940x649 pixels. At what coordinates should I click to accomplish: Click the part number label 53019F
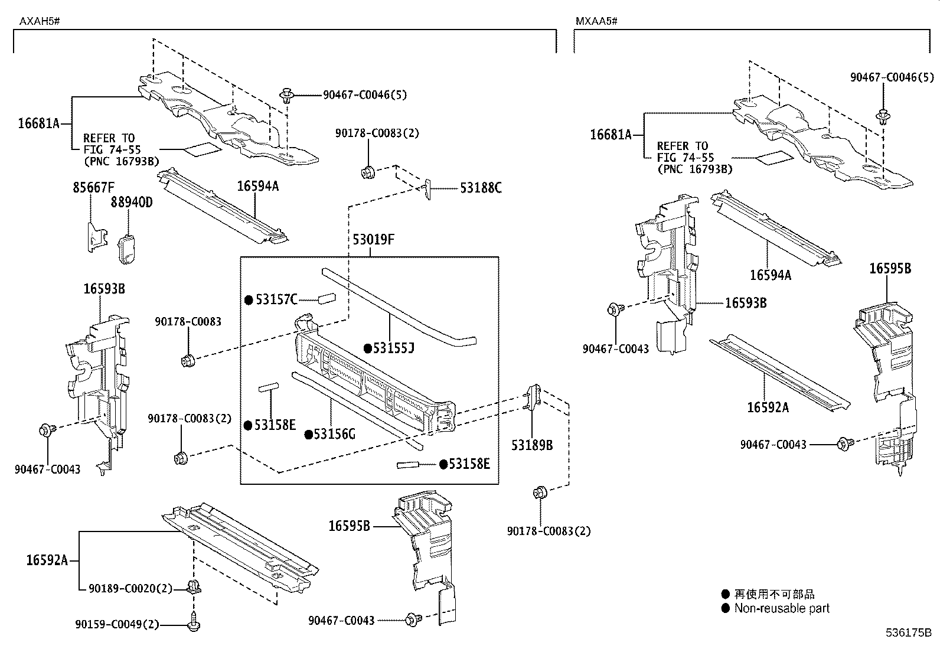pyautogui.click(x=373, y=240)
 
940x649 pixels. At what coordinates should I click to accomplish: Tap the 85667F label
pyautogui.click(x=94, y=188)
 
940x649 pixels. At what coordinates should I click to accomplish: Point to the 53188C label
pyautogui.click(x=481, y=188)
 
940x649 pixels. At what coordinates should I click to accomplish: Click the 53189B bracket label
pyautogui.click(x=532, y=446)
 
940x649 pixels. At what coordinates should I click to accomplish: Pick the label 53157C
pyautogui.click(x=276, y=300)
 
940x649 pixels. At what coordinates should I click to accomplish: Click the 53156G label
pyautogui.click(x=334, y=435)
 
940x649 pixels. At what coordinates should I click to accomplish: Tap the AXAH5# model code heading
pyautogui.click(x=40, y=21)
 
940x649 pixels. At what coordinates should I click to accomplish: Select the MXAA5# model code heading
pyautogui.click(x=596, y=21)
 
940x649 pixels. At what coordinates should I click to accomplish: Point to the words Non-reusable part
pyautogui.click(x=782, y=608)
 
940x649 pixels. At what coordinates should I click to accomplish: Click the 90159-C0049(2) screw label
pyautogui.click(x=117, y=624)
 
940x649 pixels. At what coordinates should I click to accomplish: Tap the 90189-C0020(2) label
pyautogui.click(x=130, y=589)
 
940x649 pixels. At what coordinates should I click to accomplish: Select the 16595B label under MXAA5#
pyautogui.click(x=890, y=269)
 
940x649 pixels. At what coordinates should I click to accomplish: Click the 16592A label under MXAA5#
pyautogui.click(x=768, y=407)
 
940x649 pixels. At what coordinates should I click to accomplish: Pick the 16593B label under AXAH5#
pyautogui.click(x=104, y=289)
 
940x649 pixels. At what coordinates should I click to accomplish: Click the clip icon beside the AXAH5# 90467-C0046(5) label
pyautogui.click(x=288, y=95)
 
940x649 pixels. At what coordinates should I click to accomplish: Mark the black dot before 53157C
pyautogui.click(x=249, y=300)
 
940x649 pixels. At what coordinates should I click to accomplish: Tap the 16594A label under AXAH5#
pyautogui.click(x=258, y=187)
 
